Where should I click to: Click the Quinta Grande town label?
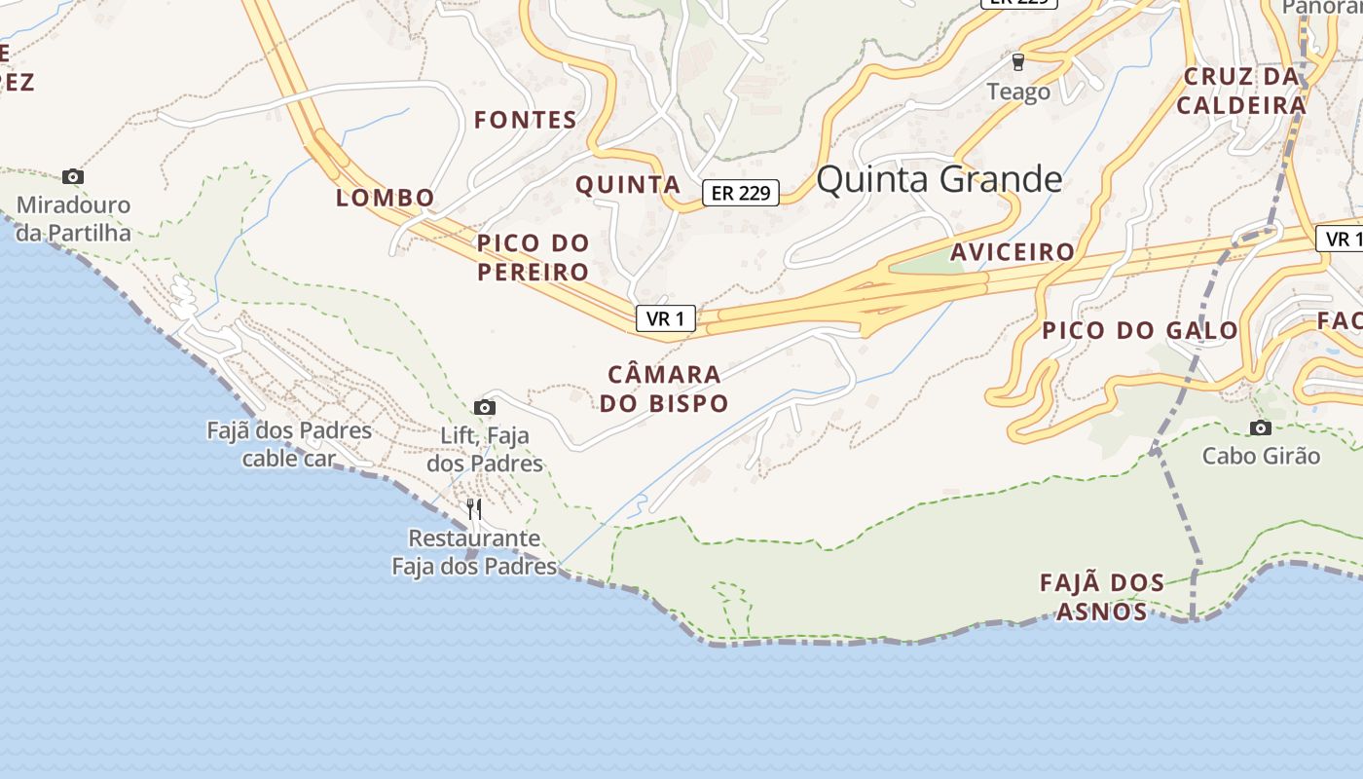coord(939,180)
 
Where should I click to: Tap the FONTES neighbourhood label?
coord(526,121)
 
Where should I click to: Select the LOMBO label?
coord(386,198)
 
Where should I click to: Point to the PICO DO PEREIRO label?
coord(534,257)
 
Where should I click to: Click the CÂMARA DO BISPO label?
coord(664,389)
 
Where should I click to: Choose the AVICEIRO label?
coord(1013,252)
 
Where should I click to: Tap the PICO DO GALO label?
coord(1140,330)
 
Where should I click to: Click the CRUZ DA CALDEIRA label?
coord(1241,91)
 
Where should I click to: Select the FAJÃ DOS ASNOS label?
coord(1102,597)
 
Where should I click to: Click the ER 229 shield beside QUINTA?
coord(741,193)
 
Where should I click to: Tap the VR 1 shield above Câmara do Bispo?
coord(666,317)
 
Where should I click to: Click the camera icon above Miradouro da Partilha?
coord(73,176)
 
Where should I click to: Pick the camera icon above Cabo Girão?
coord(1261,427)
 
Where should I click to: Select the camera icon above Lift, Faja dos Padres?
coord(485,407)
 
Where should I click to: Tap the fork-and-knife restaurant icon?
coord(474,508)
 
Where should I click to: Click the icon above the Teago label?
coord(1018,62)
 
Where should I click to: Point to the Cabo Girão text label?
coord(1261,456)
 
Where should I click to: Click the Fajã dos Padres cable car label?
coord(289,444)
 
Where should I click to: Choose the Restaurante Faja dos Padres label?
coord(474,552)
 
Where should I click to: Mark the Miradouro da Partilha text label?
coord(74,219)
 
